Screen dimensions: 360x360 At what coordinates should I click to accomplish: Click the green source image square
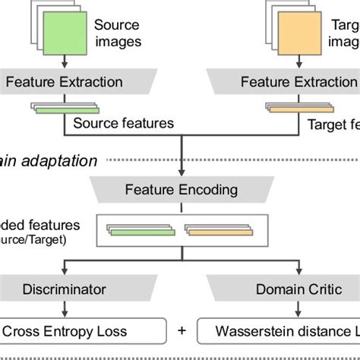coord(64,34)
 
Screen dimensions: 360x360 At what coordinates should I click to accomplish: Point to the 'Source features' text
coord(123,123)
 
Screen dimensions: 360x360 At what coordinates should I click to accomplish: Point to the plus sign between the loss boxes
coord(182,331)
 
